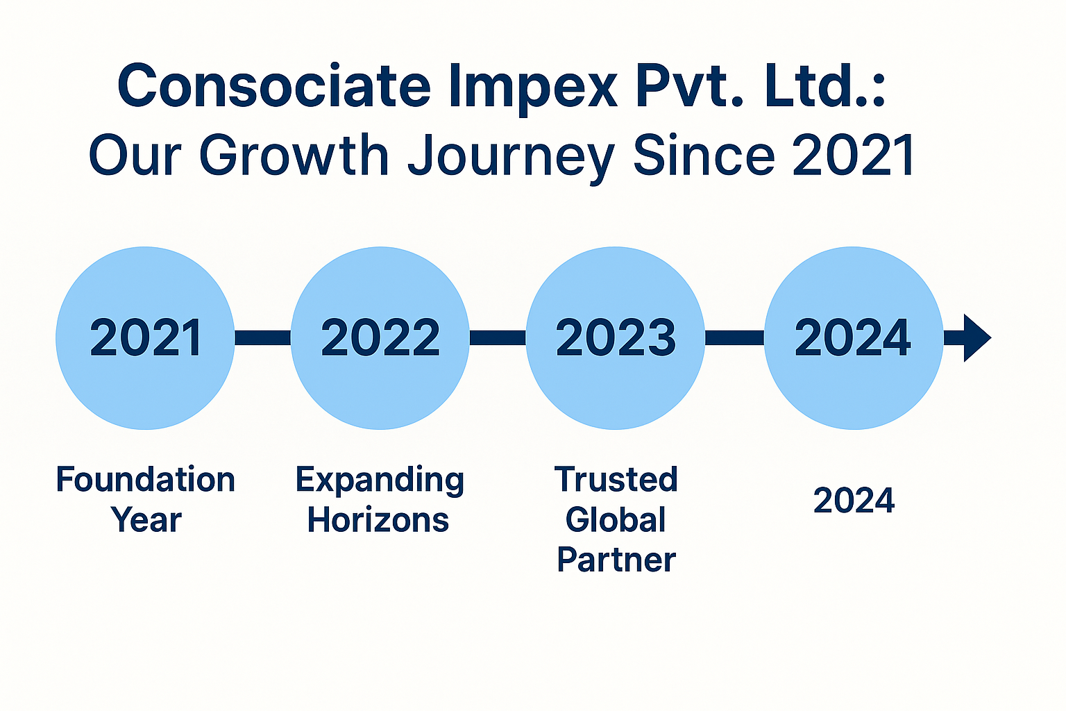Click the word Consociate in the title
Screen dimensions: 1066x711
(274, 85)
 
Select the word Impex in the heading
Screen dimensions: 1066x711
(532, 89)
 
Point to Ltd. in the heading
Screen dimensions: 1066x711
(824, 85)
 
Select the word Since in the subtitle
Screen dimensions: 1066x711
(704, 154)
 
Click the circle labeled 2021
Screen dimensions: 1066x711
(145, 338)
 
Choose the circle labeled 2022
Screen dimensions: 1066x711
(380, 338)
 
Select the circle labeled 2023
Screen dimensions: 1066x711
(616, 338)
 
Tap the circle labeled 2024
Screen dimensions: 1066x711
(853, 338)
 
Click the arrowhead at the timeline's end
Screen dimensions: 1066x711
(976, 338)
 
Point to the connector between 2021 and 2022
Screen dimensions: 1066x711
(263, 338)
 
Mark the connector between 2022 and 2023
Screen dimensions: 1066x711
(498, 338)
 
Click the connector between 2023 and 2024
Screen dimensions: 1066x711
(734, 338)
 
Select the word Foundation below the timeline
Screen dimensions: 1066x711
(146, 479)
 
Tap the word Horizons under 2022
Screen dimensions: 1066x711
(378, 519)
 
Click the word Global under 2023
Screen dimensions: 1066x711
(616, 519)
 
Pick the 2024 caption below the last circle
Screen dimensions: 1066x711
(854, 501)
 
